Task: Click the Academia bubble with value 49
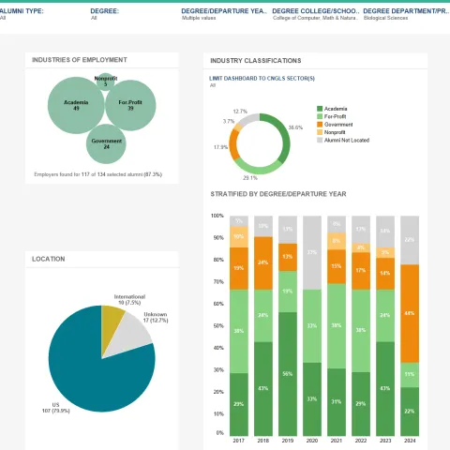click(x=76, y=105)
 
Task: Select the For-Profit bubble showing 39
click(x=130, y=105)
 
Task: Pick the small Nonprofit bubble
click(x=106, y=82)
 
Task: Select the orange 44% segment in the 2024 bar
click(x=408, y=313)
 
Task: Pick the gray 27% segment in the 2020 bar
click(x=311, y=251)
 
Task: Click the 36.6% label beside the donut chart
click(x=295, y=127)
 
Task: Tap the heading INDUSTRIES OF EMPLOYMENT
click(x=79, y=59)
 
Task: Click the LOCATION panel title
click(x=49, y=259)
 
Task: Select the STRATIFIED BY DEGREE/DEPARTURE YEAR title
click(x=278, y=193)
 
